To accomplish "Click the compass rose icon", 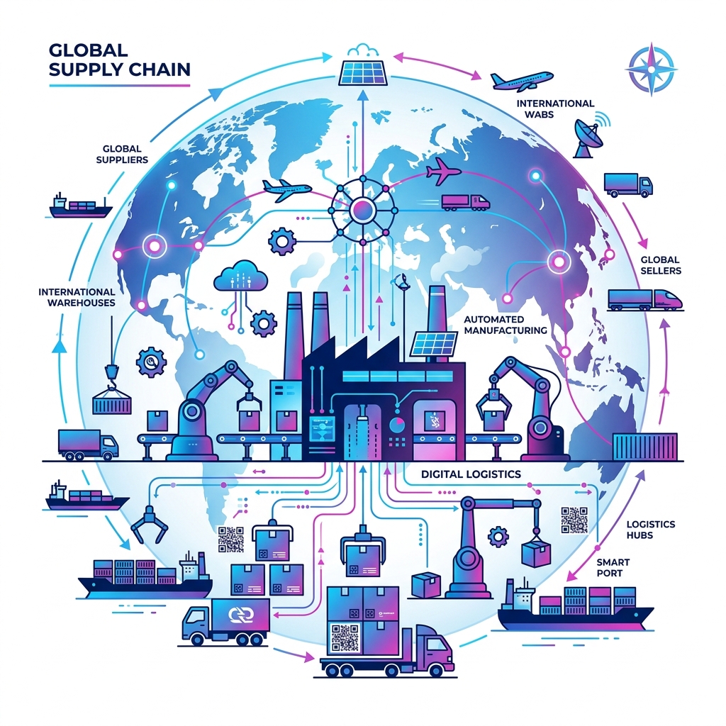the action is click(651, 69).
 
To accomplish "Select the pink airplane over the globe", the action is click(443, 172).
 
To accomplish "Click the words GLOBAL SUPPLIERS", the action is click(122, 154).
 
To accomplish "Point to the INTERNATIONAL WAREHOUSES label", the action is click(77, 297).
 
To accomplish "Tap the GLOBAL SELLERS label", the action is click(661, 265).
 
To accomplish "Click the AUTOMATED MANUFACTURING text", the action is click(505, 325).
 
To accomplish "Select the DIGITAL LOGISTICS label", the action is click(471, 474).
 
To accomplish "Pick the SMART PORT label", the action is click(613, 567).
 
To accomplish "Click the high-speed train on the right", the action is click(645, 299).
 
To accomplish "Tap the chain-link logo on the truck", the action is click(242, 614).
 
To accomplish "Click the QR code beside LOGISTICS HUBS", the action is click(574, 520).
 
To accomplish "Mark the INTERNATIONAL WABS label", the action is click(555, 108).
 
